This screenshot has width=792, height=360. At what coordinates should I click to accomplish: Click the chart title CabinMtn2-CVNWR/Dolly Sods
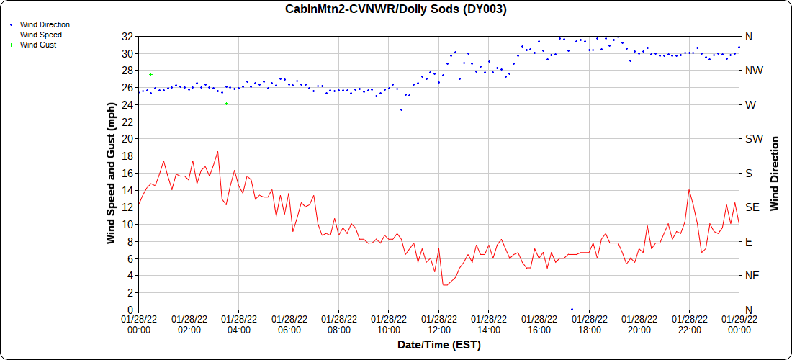396,9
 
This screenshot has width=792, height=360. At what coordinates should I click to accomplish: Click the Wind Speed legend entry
40,35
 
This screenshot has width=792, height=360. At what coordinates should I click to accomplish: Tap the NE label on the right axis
751,276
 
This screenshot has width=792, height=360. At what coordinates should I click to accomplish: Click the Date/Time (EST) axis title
438,345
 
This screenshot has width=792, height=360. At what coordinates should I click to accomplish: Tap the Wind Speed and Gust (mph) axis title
111,173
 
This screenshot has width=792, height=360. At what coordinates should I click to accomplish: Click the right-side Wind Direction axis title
775,173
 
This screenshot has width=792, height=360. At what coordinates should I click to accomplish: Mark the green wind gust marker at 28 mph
189,71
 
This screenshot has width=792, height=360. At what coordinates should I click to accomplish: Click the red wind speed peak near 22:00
689,190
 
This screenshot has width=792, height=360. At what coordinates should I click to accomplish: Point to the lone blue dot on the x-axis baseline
572,309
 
